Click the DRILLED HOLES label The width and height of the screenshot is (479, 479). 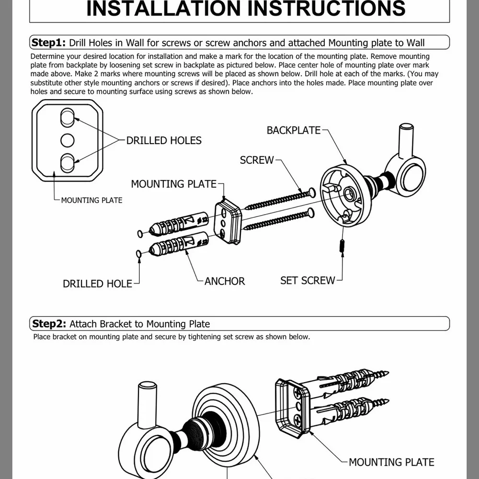coord(164,140)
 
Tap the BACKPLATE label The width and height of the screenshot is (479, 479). coord(294,130)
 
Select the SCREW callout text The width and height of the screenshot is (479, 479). coord(257,160)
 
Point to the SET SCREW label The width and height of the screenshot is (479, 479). coord(308,280)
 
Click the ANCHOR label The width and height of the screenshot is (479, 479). coord(225,281)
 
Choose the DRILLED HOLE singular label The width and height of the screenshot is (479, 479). coord(97,284)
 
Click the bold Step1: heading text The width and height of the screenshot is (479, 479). coord(48,42)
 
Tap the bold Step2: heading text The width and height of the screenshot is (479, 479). coord(49,323)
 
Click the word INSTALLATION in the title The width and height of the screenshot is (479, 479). coord(164,8)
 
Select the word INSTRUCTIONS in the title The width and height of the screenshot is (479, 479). coord(326,8)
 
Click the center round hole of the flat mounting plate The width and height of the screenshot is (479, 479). coord(67,140)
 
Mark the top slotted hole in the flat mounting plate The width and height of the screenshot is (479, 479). coord(67,117)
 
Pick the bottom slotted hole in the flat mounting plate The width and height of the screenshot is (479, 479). coord(67,163)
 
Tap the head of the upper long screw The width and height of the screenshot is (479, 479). coord(312,192)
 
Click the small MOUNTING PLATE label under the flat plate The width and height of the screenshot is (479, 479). coord(91,200)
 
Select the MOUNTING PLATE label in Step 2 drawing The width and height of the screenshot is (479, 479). coord(391,462)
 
